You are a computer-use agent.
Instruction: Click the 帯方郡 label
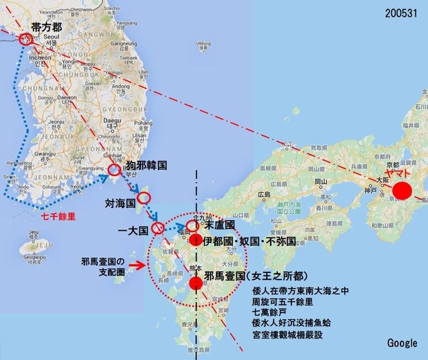click(x=48, y=27)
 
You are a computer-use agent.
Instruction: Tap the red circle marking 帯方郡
click(x=26, y=39)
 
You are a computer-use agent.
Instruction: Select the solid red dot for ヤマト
click(x=401, y=190)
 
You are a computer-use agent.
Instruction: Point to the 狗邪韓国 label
click(x=146, y=164)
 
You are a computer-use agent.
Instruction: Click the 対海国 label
click(x=121, y=201)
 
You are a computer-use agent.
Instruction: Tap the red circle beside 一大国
click(x=158, y=229)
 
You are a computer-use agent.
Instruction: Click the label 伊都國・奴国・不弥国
click(x=249, y=241)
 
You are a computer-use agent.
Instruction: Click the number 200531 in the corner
click(x=403, y=13)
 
